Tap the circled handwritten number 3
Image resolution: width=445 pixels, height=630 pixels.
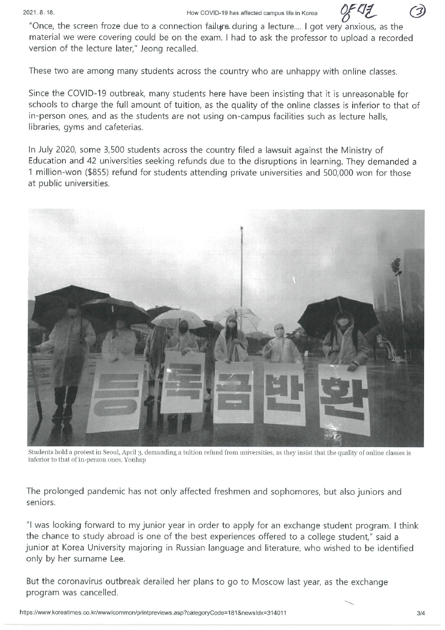[416, 12]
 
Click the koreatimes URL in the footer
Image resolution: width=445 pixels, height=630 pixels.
[152, 613]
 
